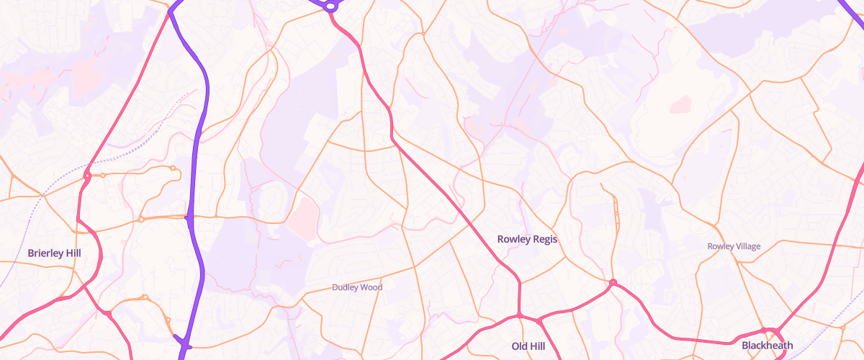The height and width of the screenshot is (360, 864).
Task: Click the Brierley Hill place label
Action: pyautogui.click(x=54, y=253)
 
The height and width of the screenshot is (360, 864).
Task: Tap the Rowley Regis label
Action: pyautogui.click(x=528, y=238)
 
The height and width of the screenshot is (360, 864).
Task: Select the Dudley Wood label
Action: pyautogui.click(x=357, y=287)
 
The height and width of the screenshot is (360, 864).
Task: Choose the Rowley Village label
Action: pyautogui.click(x=734, y=246)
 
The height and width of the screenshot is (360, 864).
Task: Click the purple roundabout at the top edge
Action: pyautogui.click(x=330, y=6)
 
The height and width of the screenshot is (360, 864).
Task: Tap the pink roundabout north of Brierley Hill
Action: pyautogui.click(x=87, y=174)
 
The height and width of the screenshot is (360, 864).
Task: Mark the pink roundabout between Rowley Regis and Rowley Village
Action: pyautogui.click(x=612, y=283)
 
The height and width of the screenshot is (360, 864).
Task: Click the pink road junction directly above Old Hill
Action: pyautogui.click(x=518, y=315)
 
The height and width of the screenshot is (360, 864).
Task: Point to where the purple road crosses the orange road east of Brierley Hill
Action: pyautogui.click(x=189, y=217)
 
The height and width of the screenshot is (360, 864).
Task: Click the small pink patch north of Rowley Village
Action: pyautogui.click(x=680, y=105)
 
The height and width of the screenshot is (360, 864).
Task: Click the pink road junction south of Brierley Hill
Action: pyautogui.click(x=108, y=313)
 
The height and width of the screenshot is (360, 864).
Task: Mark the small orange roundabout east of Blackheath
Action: pyautogui.click(x=843, y=328)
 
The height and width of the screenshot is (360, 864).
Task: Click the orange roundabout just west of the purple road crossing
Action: pyautogui.click(x=141, y=219)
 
